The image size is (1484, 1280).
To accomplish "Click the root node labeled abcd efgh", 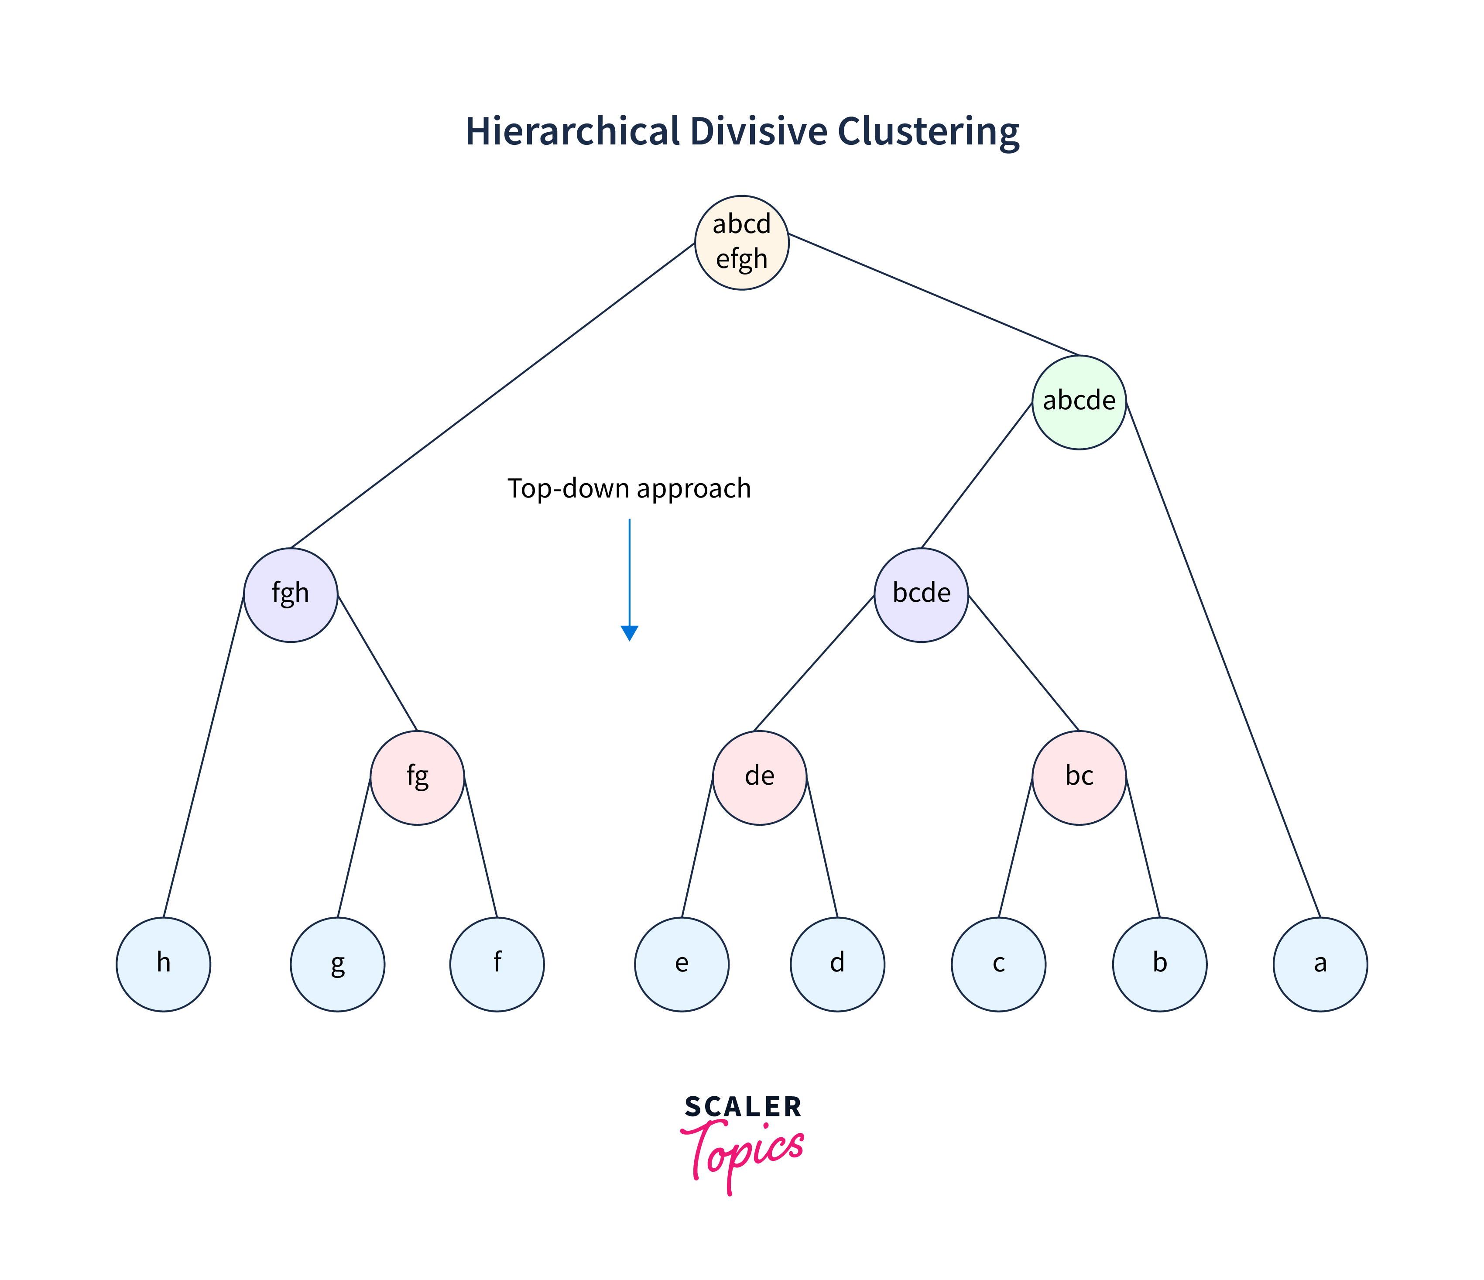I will point(741,242).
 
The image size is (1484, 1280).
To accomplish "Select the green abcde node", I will point(1079,402).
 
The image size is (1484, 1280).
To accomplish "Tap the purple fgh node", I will point(290,594).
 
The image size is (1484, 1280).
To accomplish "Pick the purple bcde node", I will point(921,594).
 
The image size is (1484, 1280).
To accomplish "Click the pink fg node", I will point(417,777).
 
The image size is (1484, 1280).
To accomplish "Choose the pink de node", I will point(759,777).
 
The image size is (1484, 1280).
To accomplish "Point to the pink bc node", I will point(1079,777).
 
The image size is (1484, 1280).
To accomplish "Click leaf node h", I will point(163,964).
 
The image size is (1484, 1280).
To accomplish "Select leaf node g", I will point(337,964).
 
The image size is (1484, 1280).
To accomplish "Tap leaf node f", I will point(496,964).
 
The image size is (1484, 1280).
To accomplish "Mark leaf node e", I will point(681,964).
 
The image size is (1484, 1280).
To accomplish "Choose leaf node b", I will point(1159,964).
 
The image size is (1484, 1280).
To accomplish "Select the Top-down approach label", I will point(629,488).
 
